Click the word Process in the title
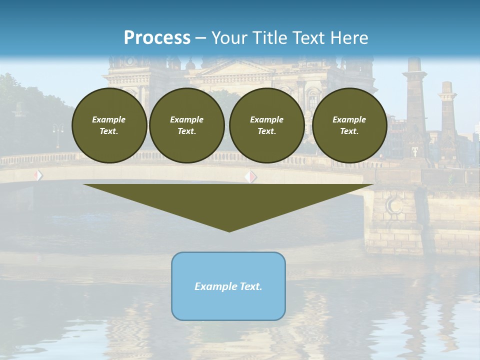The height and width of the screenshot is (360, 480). point(157,38)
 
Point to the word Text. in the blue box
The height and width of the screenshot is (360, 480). point(250,286)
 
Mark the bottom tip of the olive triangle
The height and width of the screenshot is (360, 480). point(229,231)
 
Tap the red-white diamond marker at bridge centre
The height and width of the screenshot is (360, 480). point(251,176)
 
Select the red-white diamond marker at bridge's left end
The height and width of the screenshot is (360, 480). point(38,175)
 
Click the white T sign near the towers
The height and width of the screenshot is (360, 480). point(415,151)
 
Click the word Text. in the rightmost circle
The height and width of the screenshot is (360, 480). point(349,131)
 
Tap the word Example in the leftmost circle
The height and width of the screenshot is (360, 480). point(109,119)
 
